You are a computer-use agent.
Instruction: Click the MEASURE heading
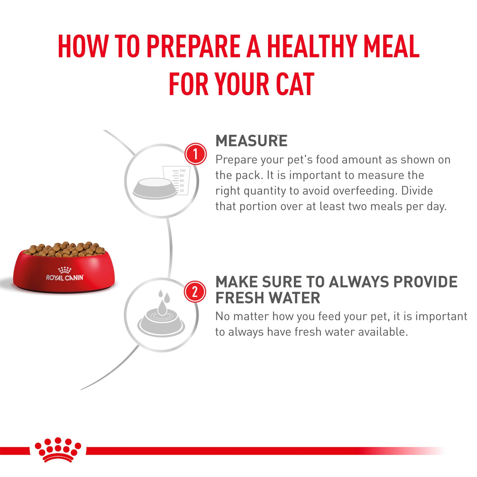tap(251, 141)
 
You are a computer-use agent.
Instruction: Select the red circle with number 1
tap(195, 154)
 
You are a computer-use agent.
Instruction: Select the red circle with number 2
tap(195, 292)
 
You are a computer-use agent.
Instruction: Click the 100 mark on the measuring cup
tap(183, 171)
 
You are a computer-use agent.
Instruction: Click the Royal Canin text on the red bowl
tap(65, 278)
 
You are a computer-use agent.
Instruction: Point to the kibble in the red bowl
tap(64, 249)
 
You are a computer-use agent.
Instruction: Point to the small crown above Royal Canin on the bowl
tap(65, 269)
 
